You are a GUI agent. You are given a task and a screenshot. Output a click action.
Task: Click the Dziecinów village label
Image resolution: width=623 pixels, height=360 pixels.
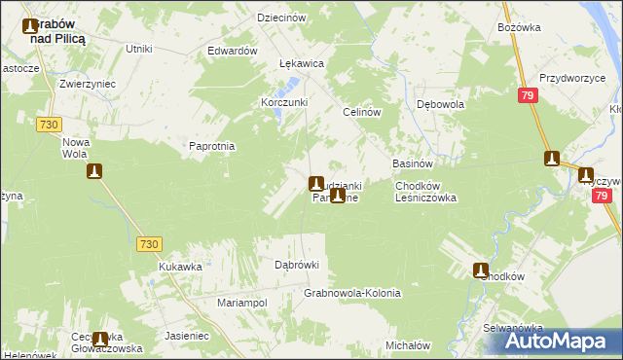click(281, 18)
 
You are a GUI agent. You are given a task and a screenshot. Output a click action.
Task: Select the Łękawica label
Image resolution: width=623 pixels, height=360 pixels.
click(301, 63)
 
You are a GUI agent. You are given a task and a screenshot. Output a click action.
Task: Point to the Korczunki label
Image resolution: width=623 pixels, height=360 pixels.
click(284, 102)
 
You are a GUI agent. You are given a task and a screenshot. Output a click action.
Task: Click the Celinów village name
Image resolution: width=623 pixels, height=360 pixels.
click(360, 112)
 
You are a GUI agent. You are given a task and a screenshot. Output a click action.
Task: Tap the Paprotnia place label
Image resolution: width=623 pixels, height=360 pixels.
click(213, 146)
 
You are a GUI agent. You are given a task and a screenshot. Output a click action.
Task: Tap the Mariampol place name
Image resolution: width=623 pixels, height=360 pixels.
click(241, 303)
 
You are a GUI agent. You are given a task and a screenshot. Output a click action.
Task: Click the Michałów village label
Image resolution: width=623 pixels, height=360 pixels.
click(408, 345)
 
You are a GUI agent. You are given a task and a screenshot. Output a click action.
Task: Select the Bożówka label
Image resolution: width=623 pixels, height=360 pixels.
click(518, 27)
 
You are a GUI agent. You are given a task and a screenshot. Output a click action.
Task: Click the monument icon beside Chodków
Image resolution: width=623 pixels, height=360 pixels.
click(480, 270)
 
